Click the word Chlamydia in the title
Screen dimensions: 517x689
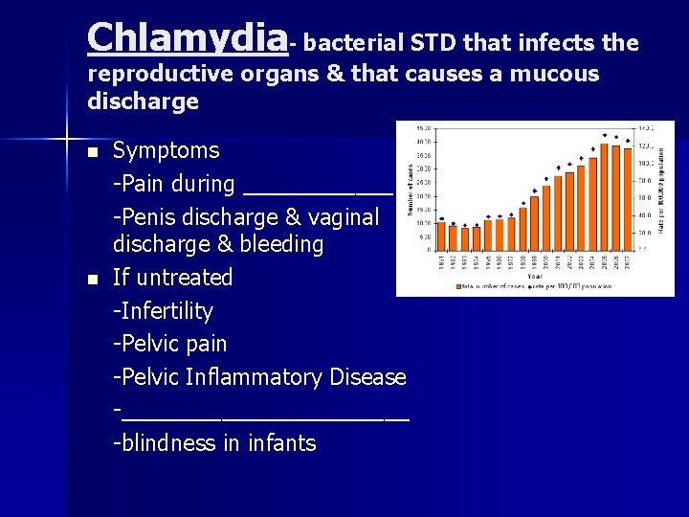[x=187, y=38]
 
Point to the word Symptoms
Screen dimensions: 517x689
[x=166, y=150]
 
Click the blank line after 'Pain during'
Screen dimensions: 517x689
[x=318, y=187]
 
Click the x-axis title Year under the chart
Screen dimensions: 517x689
[x=534, y=276]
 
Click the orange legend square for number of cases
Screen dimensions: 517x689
[x=460, y=286]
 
